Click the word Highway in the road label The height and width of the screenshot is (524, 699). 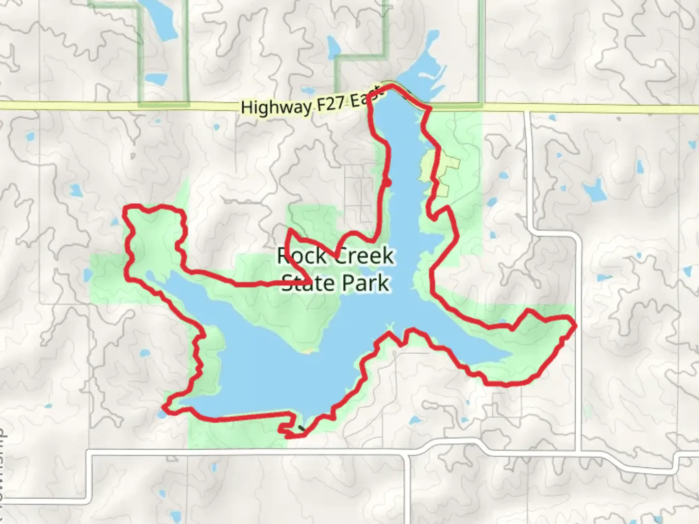(x=276, y=106)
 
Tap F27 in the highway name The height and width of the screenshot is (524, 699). (x=333, y=103)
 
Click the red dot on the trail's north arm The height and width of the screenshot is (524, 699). (x=387, y=182)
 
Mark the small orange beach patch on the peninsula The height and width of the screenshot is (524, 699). (x=307, y=350)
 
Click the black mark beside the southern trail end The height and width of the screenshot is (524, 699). (x=303, y=428)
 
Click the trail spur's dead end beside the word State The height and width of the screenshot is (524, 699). (x=310, y=282)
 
